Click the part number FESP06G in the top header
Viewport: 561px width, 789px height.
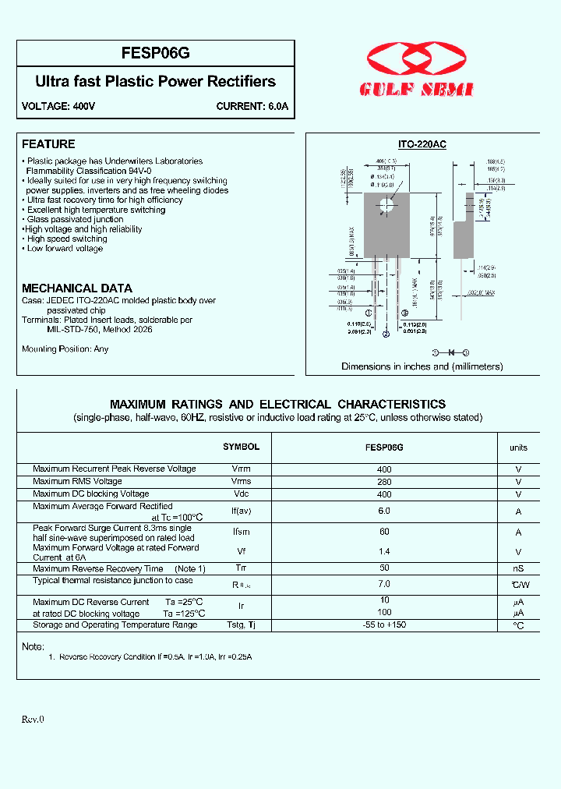point(156,54)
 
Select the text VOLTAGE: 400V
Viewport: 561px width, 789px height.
point(58,107)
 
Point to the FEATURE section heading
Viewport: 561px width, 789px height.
point(48,144)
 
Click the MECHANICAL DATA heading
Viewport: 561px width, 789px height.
point(77,288)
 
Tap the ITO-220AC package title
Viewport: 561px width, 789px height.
point(422,144)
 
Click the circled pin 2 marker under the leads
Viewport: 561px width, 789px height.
point(386,334)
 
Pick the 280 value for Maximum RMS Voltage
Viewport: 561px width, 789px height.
point(384,482)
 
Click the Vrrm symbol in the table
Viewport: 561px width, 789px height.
point(241,469)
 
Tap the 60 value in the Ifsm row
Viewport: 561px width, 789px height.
point(384,532)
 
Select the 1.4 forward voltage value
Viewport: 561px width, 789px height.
point(384,551)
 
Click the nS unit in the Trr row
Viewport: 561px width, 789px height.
point(518,569)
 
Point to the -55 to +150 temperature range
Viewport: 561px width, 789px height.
point(384,624)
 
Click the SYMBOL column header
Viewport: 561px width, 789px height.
point(241,448)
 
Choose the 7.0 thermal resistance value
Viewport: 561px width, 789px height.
point(384,583)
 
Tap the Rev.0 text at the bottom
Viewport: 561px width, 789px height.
point(33,719)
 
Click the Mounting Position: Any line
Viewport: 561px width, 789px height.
point(65,349)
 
